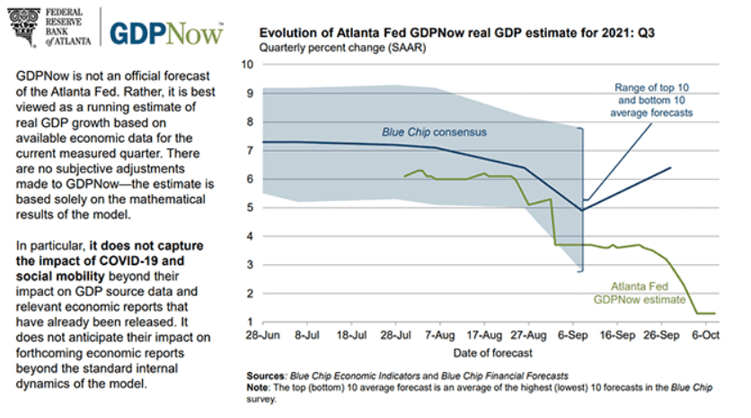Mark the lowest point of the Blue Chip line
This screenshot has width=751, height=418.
582,210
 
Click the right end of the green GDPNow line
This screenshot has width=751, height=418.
715,313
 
